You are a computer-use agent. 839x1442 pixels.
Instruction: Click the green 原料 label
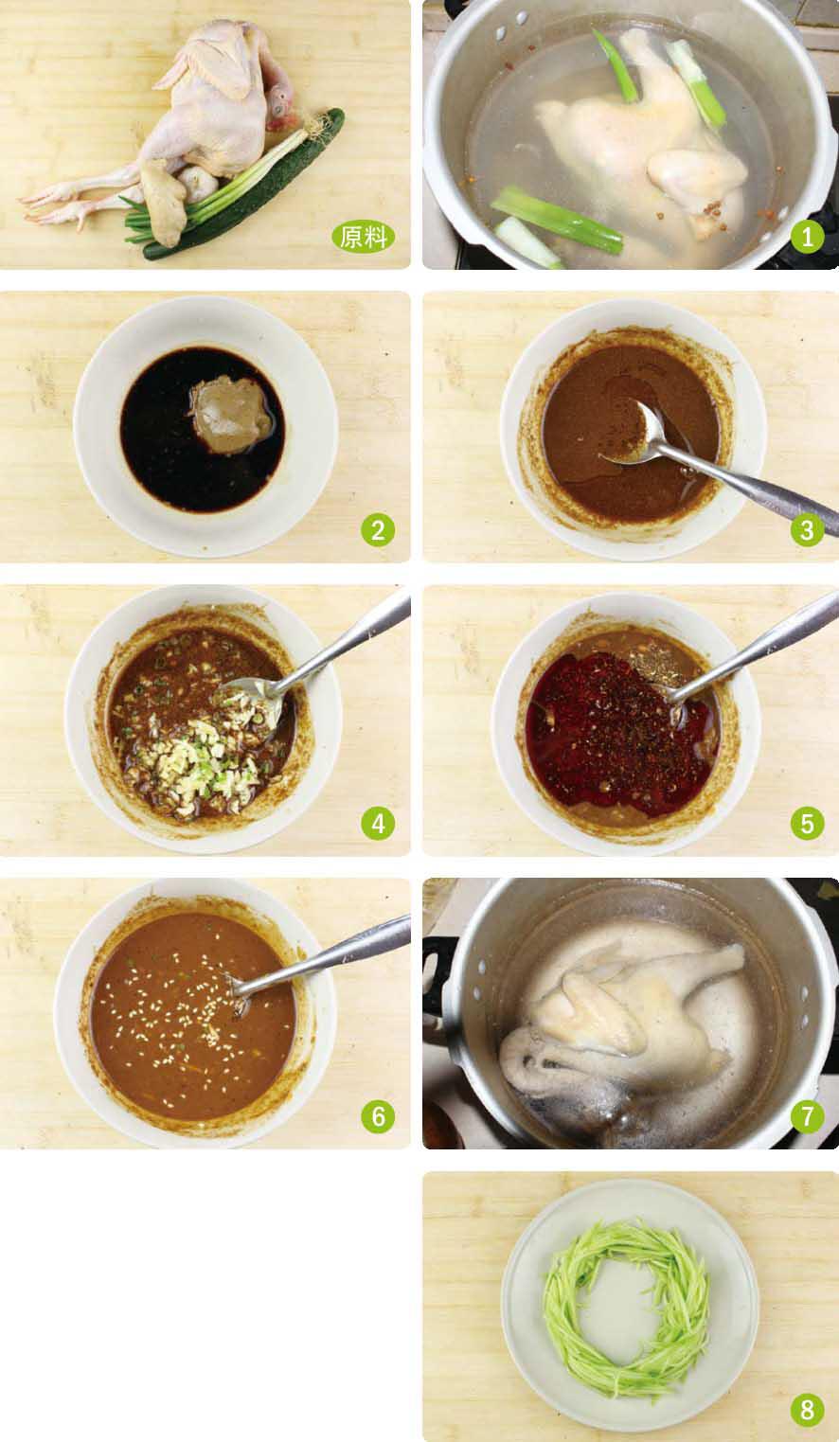coord(364,237)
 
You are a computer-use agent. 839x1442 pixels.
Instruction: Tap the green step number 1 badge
coord(807,237)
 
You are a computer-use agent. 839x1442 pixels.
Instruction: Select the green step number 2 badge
coord(378,530)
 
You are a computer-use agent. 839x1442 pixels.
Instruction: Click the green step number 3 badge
coord(807,530)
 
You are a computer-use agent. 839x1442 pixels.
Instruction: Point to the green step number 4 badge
coord(378,824)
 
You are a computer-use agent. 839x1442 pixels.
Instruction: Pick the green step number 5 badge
coord(807,824)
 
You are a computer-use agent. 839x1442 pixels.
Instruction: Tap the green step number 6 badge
coord(378,1116)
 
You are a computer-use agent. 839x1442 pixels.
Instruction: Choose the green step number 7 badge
coord(807,1116)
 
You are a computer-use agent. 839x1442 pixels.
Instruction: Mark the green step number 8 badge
coord(807,1410)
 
